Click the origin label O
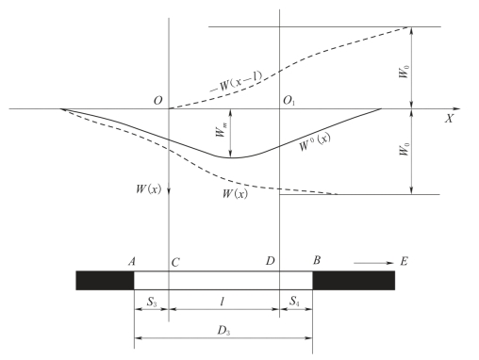(158, 101)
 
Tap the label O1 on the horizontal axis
(289, 101)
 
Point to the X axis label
(449, 119)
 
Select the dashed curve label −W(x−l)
(236, 82)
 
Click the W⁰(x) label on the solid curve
(314, 142)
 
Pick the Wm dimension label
(221, 130)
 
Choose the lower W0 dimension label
(405, 149)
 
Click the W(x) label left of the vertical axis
(148, 189)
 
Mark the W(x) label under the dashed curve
(235, 193)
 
